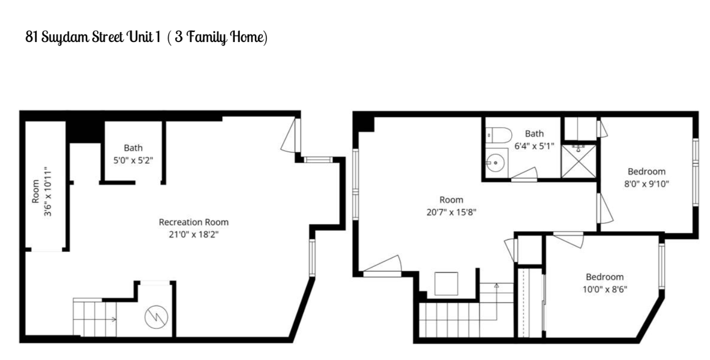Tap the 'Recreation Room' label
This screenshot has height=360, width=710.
click(x=194, y=222)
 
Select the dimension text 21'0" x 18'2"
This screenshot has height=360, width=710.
click(x=194, y=234)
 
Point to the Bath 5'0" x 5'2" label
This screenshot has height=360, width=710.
click(x=133, y=153)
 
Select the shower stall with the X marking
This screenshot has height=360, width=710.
click(x=579, y=161)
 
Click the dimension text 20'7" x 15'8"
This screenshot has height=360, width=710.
click(x=451, y=211)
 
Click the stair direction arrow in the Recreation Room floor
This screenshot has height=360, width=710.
click(x=114, y=319)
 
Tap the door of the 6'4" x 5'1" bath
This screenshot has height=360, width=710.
click(x=524, y=173)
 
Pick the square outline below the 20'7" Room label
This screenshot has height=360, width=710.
click(x=446, y=284)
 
